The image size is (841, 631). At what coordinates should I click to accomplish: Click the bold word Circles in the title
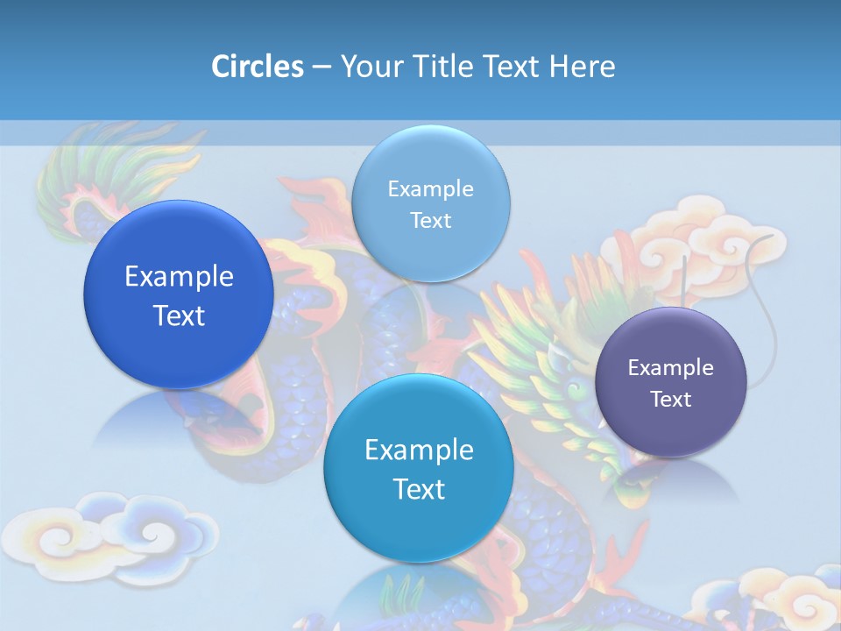258,67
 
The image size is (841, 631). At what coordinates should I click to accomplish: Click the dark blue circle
179,294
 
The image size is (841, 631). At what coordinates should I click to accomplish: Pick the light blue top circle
430,203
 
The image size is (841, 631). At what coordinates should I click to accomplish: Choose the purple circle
671,382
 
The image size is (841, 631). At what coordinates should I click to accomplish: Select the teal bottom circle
419,469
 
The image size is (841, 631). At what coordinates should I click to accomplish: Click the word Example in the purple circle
671,367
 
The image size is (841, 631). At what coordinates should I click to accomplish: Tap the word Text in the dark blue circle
179,315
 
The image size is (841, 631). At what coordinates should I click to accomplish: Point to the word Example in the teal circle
419,450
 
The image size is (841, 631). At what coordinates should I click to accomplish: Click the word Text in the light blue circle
430,220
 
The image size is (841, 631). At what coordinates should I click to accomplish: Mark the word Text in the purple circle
671,399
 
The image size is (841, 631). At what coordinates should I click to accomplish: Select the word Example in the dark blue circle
179,276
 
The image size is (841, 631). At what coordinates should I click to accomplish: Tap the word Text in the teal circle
419,489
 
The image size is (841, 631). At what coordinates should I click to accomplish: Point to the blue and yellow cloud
131,535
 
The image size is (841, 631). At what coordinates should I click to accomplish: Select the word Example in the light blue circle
430,188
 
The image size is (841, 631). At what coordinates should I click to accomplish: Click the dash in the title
322,67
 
